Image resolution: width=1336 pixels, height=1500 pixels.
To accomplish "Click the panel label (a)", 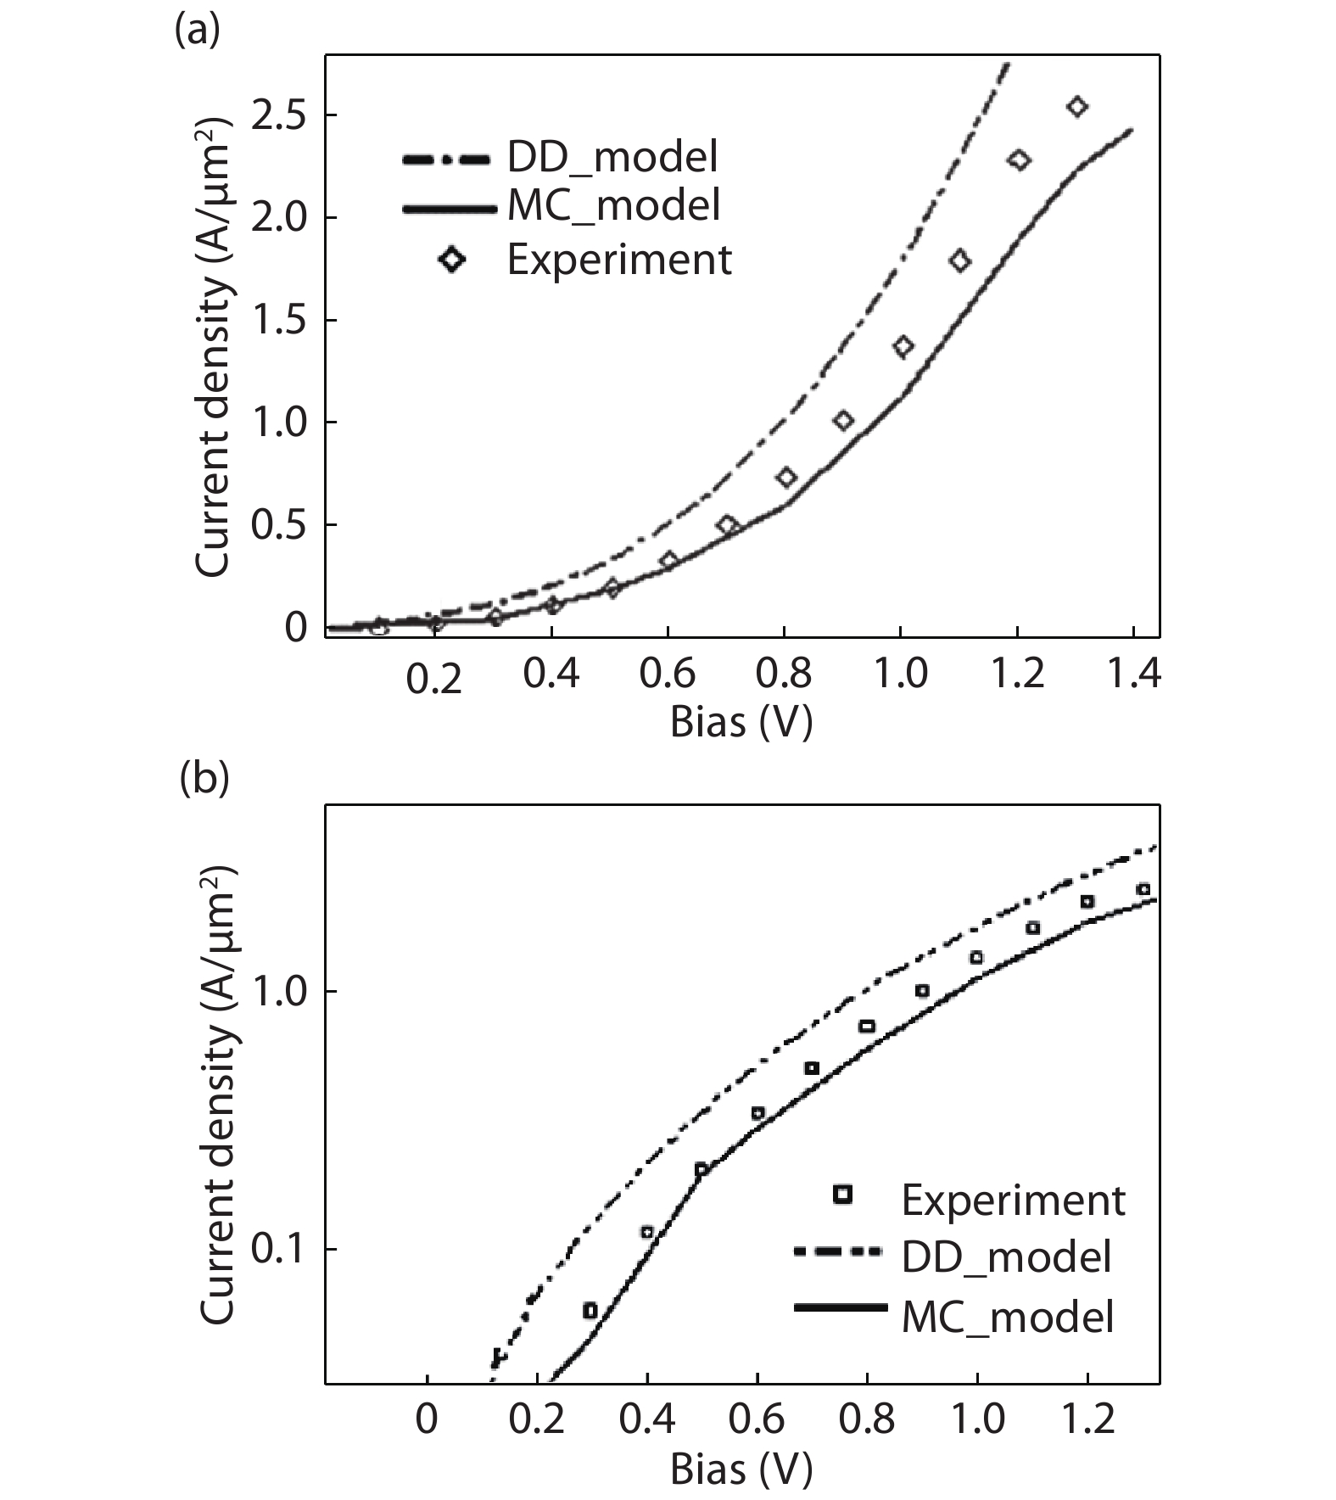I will coord(196,31).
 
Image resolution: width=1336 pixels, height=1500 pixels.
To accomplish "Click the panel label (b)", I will coord(204,778).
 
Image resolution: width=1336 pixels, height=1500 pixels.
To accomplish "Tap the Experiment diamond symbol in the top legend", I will coord(452,259).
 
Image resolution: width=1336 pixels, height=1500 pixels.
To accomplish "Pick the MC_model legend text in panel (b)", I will coord(1007,1317).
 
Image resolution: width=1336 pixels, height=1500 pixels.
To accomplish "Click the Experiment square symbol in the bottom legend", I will coord(842,1195).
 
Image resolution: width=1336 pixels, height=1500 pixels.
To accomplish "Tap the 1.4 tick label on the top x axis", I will coord(1133,674).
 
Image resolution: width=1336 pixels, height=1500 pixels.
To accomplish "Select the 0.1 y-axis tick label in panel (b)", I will coord(279,1250).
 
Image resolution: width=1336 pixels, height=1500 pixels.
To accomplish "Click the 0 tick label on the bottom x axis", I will coord(427,1419).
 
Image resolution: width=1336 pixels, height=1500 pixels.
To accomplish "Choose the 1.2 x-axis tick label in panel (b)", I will coord(1087,1419).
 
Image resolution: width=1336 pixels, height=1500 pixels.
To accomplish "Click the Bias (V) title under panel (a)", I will coord(741,722).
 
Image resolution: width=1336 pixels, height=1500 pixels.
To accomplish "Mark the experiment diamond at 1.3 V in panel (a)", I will coord(1077,106).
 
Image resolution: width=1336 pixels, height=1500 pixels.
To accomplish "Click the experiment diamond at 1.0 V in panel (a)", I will coord(903,346).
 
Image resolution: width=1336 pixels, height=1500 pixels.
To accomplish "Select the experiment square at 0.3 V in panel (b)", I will coord(590,1311).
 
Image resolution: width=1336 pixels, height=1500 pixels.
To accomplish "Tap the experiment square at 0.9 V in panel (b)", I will coord(922,991).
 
